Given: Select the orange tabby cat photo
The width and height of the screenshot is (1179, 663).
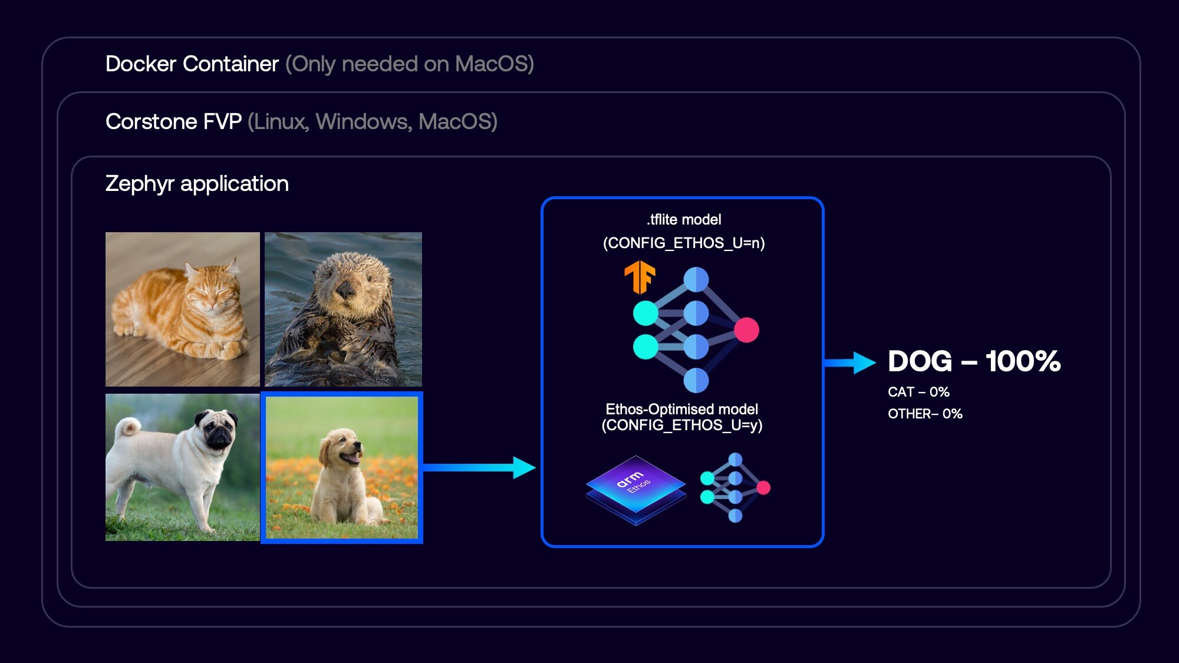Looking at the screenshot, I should [x=182, y=309].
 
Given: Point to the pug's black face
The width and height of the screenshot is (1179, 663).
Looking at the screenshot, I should [x=217, y=430].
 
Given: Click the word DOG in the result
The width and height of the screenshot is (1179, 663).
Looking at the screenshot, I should [x=920, y=361].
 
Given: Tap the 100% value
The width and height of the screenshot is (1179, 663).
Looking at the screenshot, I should [x=1023, y=361].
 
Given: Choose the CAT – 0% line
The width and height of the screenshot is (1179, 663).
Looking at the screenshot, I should [x=918, y=392].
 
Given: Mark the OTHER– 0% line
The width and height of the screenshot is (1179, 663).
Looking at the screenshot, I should [x=925, y=414].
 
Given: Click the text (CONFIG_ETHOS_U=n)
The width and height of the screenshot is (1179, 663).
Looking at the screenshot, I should [x=684, y=243].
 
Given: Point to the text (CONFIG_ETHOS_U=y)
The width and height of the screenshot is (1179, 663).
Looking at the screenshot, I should [x=682, y=425].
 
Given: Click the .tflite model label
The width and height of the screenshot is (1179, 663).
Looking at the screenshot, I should [x=684, y=220].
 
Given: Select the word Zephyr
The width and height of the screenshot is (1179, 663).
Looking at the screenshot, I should [x=140, y=184].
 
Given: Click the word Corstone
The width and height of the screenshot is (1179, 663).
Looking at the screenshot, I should [x=151, y=121].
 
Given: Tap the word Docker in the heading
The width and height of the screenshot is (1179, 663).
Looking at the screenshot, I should [x=141, y=64].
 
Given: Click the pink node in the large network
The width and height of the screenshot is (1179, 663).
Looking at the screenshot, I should [x=746, y=330].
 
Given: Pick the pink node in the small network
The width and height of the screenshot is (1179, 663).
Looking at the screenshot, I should [x=763, y=487].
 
